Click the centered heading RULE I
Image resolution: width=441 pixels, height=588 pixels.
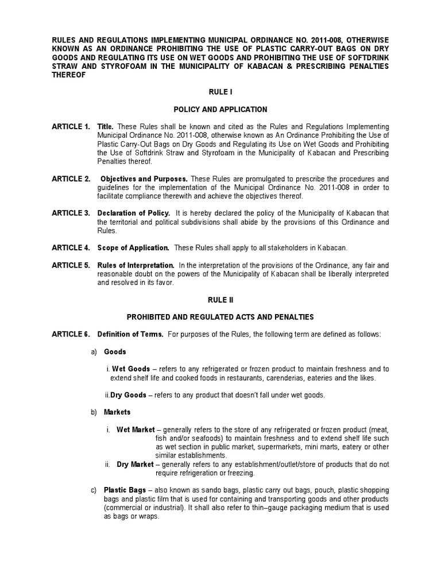pos(220,92)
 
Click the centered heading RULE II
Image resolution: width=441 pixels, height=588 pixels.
pos(220,300)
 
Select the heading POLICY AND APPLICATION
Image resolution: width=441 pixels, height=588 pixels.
pos(220,109)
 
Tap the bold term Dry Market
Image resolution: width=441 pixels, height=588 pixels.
pos(135,464)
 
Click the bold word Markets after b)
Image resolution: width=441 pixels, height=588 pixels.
pos(117,412)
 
